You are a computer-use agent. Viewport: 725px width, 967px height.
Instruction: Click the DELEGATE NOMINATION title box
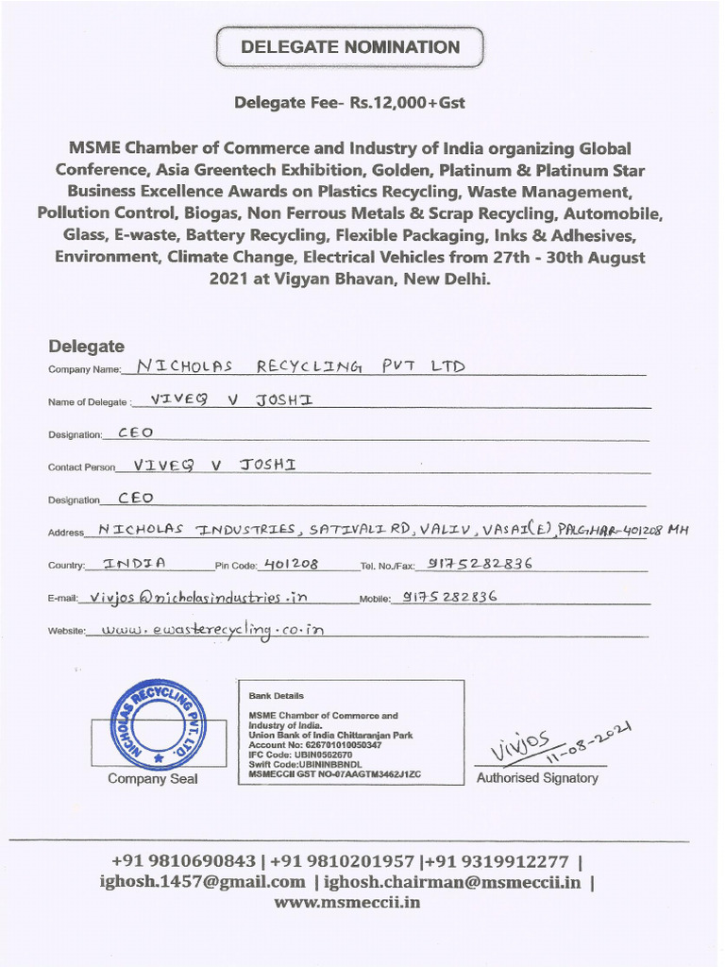point(350,47)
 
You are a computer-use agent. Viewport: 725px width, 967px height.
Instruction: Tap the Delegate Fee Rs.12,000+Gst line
point(349,102)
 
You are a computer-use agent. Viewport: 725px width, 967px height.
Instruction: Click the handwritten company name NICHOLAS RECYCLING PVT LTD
point(300,365)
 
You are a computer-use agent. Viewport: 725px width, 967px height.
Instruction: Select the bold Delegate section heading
point(86,347)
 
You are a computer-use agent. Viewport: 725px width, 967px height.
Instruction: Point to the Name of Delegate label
point(89,402)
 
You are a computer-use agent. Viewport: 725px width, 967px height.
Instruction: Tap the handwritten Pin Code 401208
point(291,564)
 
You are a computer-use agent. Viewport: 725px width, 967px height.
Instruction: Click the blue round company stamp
point(158,724)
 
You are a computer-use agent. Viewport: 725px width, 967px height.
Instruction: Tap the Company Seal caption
point(153,779)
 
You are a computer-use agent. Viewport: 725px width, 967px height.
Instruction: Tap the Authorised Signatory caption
point(537,778)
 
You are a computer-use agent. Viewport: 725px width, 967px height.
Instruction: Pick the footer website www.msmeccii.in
point(347,902)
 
